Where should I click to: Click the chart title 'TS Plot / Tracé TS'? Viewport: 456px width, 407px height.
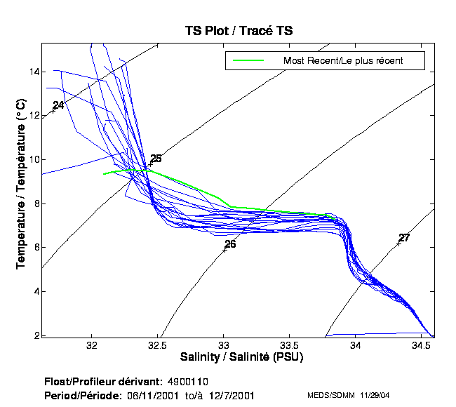click(238, 30)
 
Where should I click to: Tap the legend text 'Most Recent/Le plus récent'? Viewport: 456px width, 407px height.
click(343, 60)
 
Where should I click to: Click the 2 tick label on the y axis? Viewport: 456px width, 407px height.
click(36, 335)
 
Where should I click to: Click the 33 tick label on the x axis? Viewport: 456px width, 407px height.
click(224, 346)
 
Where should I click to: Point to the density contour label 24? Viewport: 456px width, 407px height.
click(58, 105)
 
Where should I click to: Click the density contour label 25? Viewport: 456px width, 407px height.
click(156, 159)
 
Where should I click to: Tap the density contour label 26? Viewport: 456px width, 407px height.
click(230, 244)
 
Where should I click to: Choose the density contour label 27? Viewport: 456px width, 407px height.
click(403, 238)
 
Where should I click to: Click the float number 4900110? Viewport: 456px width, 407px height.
click(187, 382)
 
